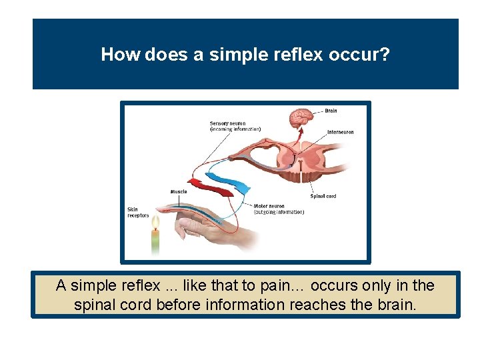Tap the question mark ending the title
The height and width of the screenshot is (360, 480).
[x=385, y=55]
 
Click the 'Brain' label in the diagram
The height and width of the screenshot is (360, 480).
[x=331, y=111]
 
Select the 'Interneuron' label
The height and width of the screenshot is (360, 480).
[x=340, y=132]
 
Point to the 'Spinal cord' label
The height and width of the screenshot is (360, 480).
[x=323, y=196]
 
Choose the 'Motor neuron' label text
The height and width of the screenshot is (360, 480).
[x=270, y=206]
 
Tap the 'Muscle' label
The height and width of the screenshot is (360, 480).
[x=179, y=192]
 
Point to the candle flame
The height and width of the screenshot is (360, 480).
[x=156, y=221]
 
